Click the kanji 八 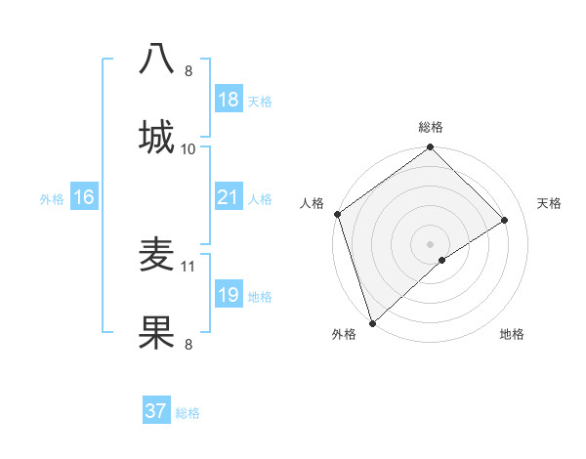[157, 59]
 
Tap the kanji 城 [157, 136]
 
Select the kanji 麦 [157, 256]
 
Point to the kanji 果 [157, 332]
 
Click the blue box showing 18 [228, 100]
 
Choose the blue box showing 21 [228, 197]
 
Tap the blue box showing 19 [228, 295]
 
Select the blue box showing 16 [83, 197]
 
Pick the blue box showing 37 [156, 411]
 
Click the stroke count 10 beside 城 [188, 148]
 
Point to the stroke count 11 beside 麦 [188, 265]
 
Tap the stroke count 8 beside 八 [188, 70]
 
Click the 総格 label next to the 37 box [188, 413]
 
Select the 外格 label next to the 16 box [52, 198]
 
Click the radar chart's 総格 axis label [431, 127]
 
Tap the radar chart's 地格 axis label [512, 334]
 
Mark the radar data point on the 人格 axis [337, 214]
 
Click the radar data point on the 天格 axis [505, 220]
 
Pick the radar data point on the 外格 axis [372, 322]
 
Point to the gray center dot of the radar [430, 243]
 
